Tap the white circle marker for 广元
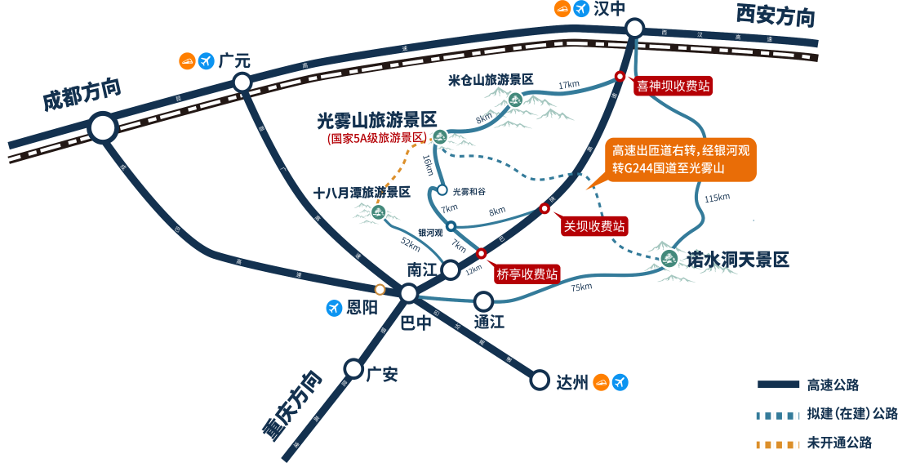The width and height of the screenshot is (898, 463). point(242,82)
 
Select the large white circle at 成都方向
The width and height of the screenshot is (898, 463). point(103,127)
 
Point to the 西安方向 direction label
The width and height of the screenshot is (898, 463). point(775,16)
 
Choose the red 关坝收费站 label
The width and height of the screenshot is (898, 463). point(594,226)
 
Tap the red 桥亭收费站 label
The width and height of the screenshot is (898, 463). point(527,274)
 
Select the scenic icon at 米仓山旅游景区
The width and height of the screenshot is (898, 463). point(515,100)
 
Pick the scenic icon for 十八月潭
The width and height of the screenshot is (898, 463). point(378,212)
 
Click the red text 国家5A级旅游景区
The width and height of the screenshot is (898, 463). point(376,139)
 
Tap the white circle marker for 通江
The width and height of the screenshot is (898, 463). point(483,301)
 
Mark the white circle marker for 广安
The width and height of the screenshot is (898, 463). point(353,368)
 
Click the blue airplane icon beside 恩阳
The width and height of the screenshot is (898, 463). point(333,308)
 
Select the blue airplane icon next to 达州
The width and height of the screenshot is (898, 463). point(620,381)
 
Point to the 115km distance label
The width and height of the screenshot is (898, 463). point(717,198)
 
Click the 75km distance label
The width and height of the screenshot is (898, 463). point(580,287)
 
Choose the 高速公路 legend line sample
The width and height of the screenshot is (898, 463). point(777,384)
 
